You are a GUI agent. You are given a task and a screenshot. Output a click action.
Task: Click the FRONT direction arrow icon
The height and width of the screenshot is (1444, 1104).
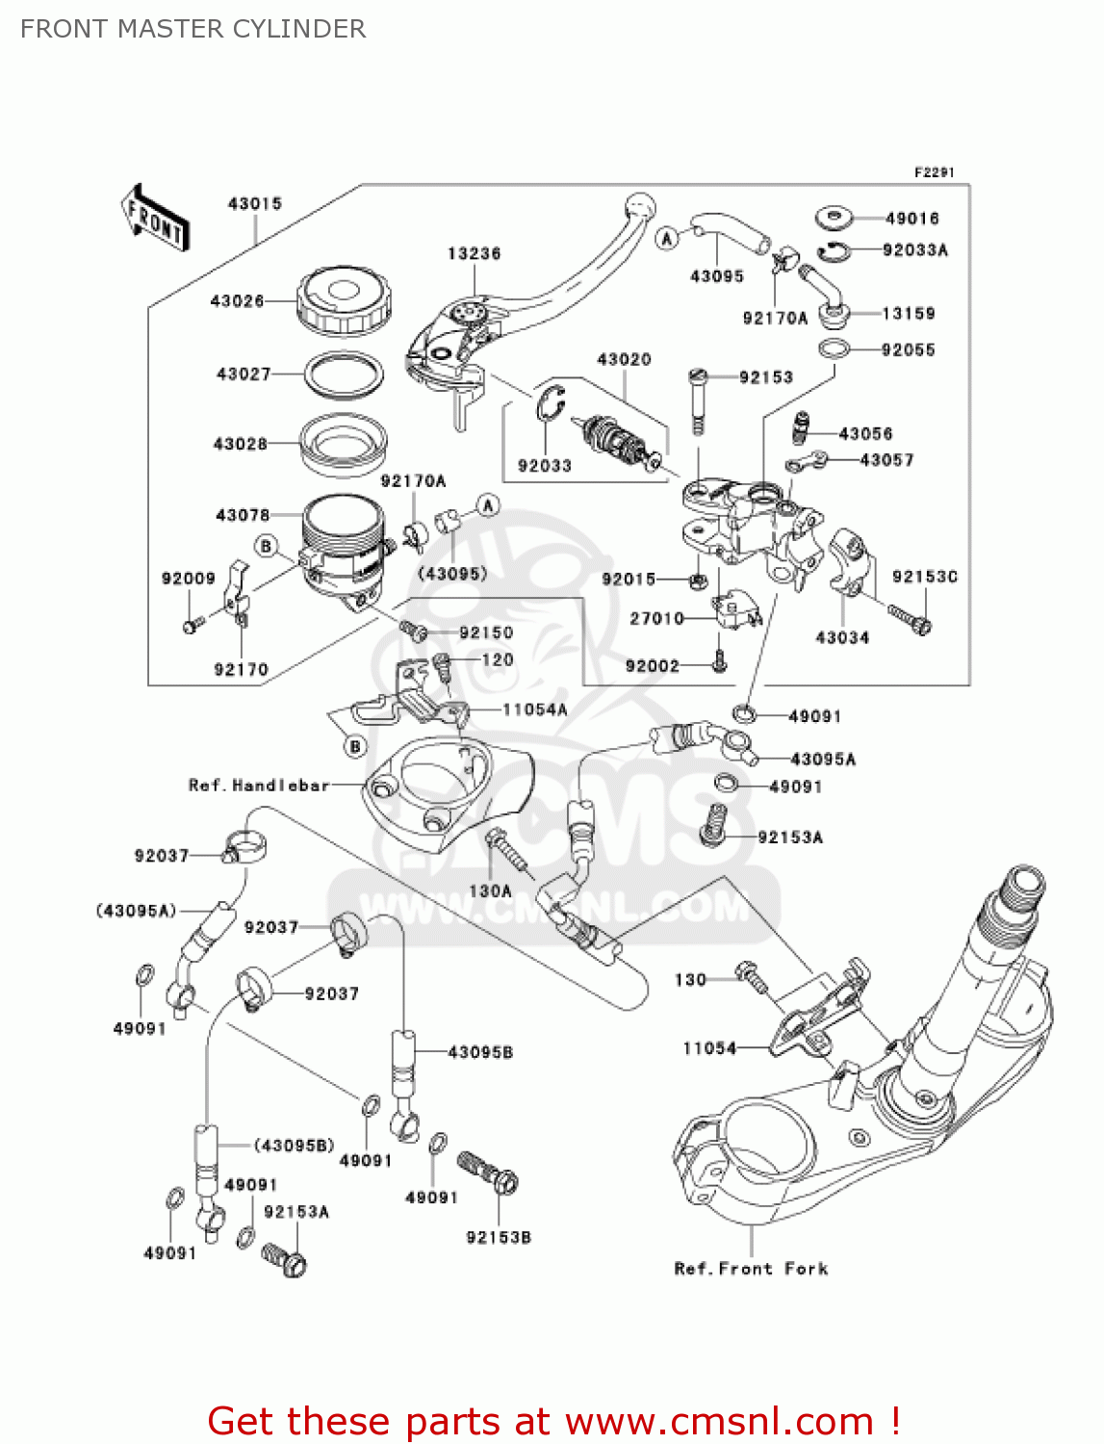pos(154,219)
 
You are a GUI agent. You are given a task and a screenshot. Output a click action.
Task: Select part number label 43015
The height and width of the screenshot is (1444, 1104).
pos(255,204)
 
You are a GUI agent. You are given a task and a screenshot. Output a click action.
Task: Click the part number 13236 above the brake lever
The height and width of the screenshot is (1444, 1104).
pos(474,253)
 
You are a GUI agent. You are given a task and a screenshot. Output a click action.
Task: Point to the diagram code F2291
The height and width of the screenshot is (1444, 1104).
pos(934,172)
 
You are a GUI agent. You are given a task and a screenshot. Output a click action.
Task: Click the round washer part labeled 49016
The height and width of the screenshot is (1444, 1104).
pos(834,219)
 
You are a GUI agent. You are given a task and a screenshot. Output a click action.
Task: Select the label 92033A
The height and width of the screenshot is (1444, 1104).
pos(914,250)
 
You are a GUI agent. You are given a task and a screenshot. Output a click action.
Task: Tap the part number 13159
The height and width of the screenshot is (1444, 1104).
pos(908,314)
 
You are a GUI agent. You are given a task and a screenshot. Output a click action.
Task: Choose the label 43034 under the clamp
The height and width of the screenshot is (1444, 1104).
pos(842,637)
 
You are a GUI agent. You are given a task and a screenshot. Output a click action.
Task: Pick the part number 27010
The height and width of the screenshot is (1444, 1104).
pos(656,618)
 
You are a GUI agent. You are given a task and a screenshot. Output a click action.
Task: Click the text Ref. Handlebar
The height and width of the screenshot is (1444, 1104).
pos(259,786)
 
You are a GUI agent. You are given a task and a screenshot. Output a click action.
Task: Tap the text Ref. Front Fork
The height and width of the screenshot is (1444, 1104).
pos(751,1269)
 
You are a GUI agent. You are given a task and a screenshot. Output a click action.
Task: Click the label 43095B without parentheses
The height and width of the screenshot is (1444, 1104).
pos(480,1052)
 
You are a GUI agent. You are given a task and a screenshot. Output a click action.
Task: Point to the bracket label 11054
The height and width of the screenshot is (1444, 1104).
pos(709,1048)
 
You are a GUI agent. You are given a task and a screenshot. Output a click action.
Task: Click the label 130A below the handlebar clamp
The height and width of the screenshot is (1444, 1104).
pos(490,891)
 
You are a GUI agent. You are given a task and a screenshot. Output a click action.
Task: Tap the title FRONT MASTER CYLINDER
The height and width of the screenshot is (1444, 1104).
pos(193,29)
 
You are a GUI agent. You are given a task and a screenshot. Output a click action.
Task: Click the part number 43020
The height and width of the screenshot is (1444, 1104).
pos(624,359)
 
